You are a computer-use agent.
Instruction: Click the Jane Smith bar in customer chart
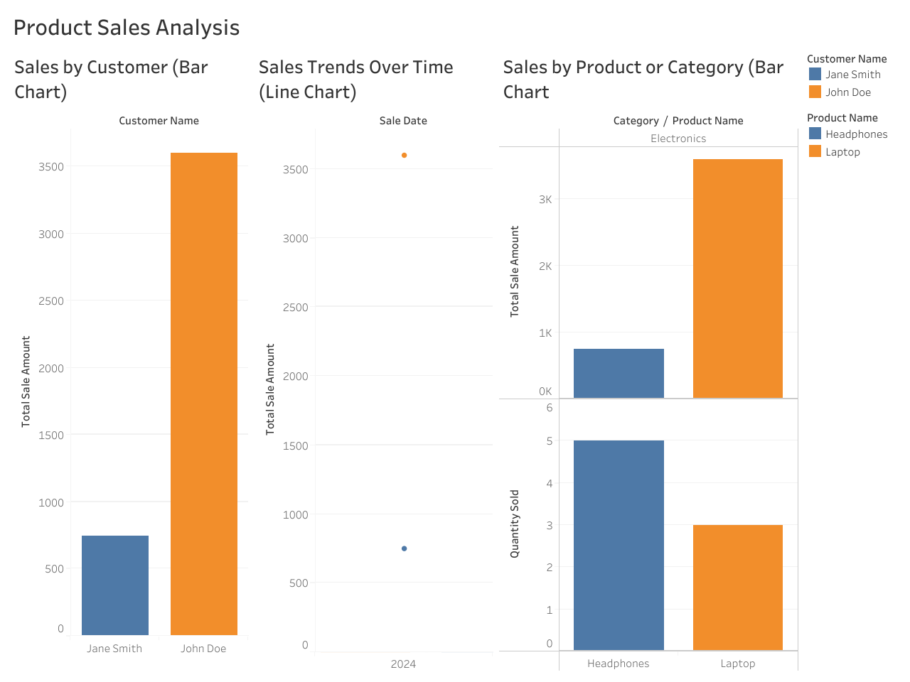point(115,585)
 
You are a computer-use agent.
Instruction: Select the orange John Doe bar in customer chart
point(204,394)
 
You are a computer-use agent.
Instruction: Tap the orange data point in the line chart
point(404,155)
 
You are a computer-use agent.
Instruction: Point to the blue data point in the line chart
point(404,548)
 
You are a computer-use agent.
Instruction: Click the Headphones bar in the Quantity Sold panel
point(619,545)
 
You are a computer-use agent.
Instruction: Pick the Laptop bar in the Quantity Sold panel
point(737,588)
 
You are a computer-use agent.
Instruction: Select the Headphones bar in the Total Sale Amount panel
point(619,373)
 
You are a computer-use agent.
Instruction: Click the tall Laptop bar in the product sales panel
point(737,278)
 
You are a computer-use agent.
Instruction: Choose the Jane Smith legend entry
point(852,75)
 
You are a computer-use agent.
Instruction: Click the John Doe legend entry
point(847,92)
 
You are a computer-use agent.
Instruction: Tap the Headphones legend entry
point(856,134)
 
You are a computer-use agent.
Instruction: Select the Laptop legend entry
point(842,152)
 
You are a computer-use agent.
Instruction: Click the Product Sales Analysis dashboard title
point(127,28)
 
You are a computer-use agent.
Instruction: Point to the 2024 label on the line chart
point(403,664)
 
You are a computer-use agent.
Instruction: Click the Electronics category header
point(678,139)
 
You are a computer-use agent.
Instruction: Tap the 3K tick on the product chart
point(545,200)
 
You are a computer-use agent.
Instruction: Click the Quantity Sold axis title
point(515,524)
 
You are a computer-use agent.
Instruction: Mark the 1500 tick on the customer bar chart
point(51,435)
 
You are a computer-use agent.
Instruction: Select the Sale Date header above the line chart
point(403,121)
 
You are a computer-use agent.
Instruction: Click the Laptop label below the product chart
point(737,664)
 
